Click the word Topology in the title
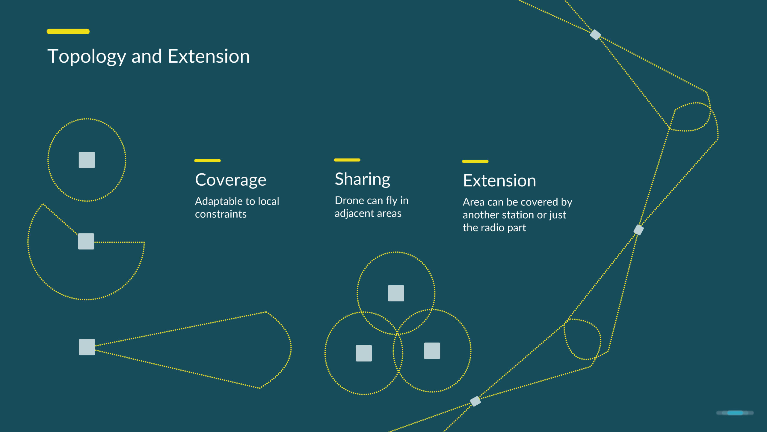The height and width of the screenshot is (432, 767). click(87, 56)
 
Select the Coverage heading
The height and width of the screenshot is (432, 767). click(231, 180)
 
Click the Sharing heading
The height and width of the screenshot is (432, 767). click(363, 179)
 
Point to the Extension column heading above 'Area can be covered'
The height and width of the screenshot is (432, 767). click(499, 181)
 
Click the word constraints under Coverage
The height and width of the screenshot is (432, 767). click(221, 214)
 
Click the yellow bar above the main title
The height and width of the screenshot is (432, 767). click(68, 31)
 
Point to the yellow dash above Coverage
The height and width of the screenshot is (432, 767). click(207, 160)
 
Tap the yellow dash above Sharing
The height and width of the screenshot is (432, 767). click(347, 160)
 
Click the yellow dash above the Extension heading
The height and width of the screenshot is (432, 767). click(475, 161)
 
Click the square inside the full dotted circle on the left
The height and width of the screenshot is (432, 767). click(87, 160)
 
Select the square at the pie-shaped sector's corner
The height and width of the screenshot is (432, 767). click(86, 241)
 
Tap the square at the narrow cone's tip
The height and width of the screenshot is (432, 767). click(87, 347)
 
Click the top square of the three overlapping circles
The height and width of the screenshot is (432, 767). click(396, 293)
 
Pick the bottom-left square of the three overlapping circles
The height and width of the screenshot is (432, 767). click(364, 353)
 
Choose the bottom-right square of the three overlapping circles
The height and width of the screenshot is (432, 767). click(432, 351)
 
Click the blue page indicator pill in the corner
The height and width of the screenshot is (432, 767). click(735, 413)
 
